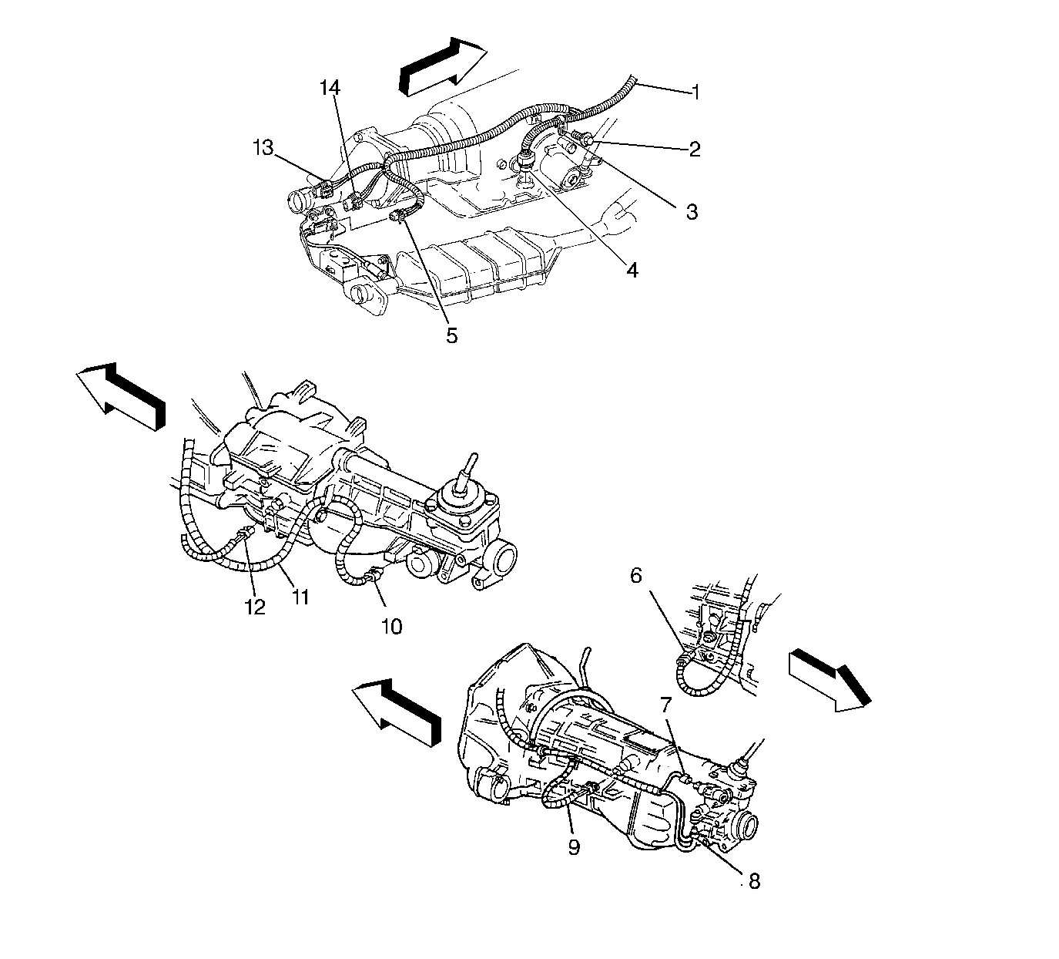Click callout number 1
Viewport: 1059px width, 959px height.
point(695,93)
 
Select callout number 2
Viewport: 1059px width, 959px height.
point(695,149)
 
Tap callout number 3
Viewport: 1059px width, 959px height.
point(692,212)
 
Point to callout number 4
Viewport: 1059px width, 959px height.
point(632,270)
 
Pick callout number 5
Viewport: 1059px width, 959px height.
point(452,335)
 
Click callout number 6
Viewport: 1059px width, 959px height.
point(636,575)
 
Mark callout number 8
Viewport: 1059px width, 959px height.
point(754,881)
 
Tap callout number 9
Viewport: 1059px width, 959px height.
point(574,847)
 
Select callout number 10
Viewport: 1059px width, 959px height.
point(392,627)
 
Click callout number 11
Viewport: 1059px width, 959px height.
point(300,598)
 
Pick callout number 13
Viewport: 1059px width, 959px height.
point(263,148)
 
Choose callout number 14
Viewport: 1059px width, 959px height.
point(330,88)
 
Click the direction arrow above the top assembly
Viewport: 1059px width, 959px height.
point(442,66)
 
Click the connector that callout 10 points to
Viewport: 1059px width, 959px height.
point(375,575)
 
